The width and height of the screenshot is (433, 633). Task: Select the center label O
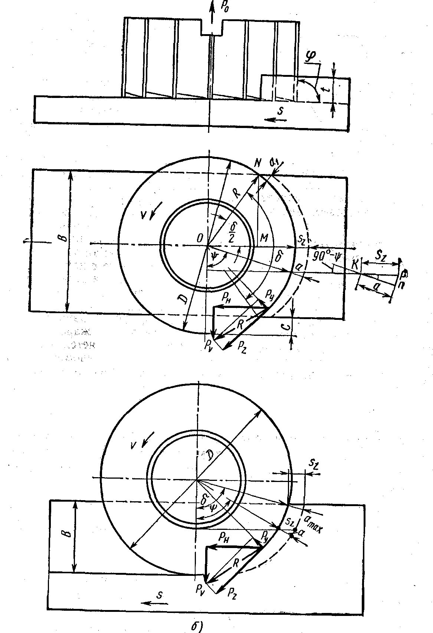[x=200, y=239]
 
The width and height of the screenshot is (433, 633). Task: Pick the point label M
[x=264, y=238]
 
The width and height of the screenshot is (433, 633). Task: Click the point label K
[x=355, y=265]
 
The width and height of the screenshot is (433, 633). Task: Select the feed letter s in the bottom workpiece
[x=160, y=595]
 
